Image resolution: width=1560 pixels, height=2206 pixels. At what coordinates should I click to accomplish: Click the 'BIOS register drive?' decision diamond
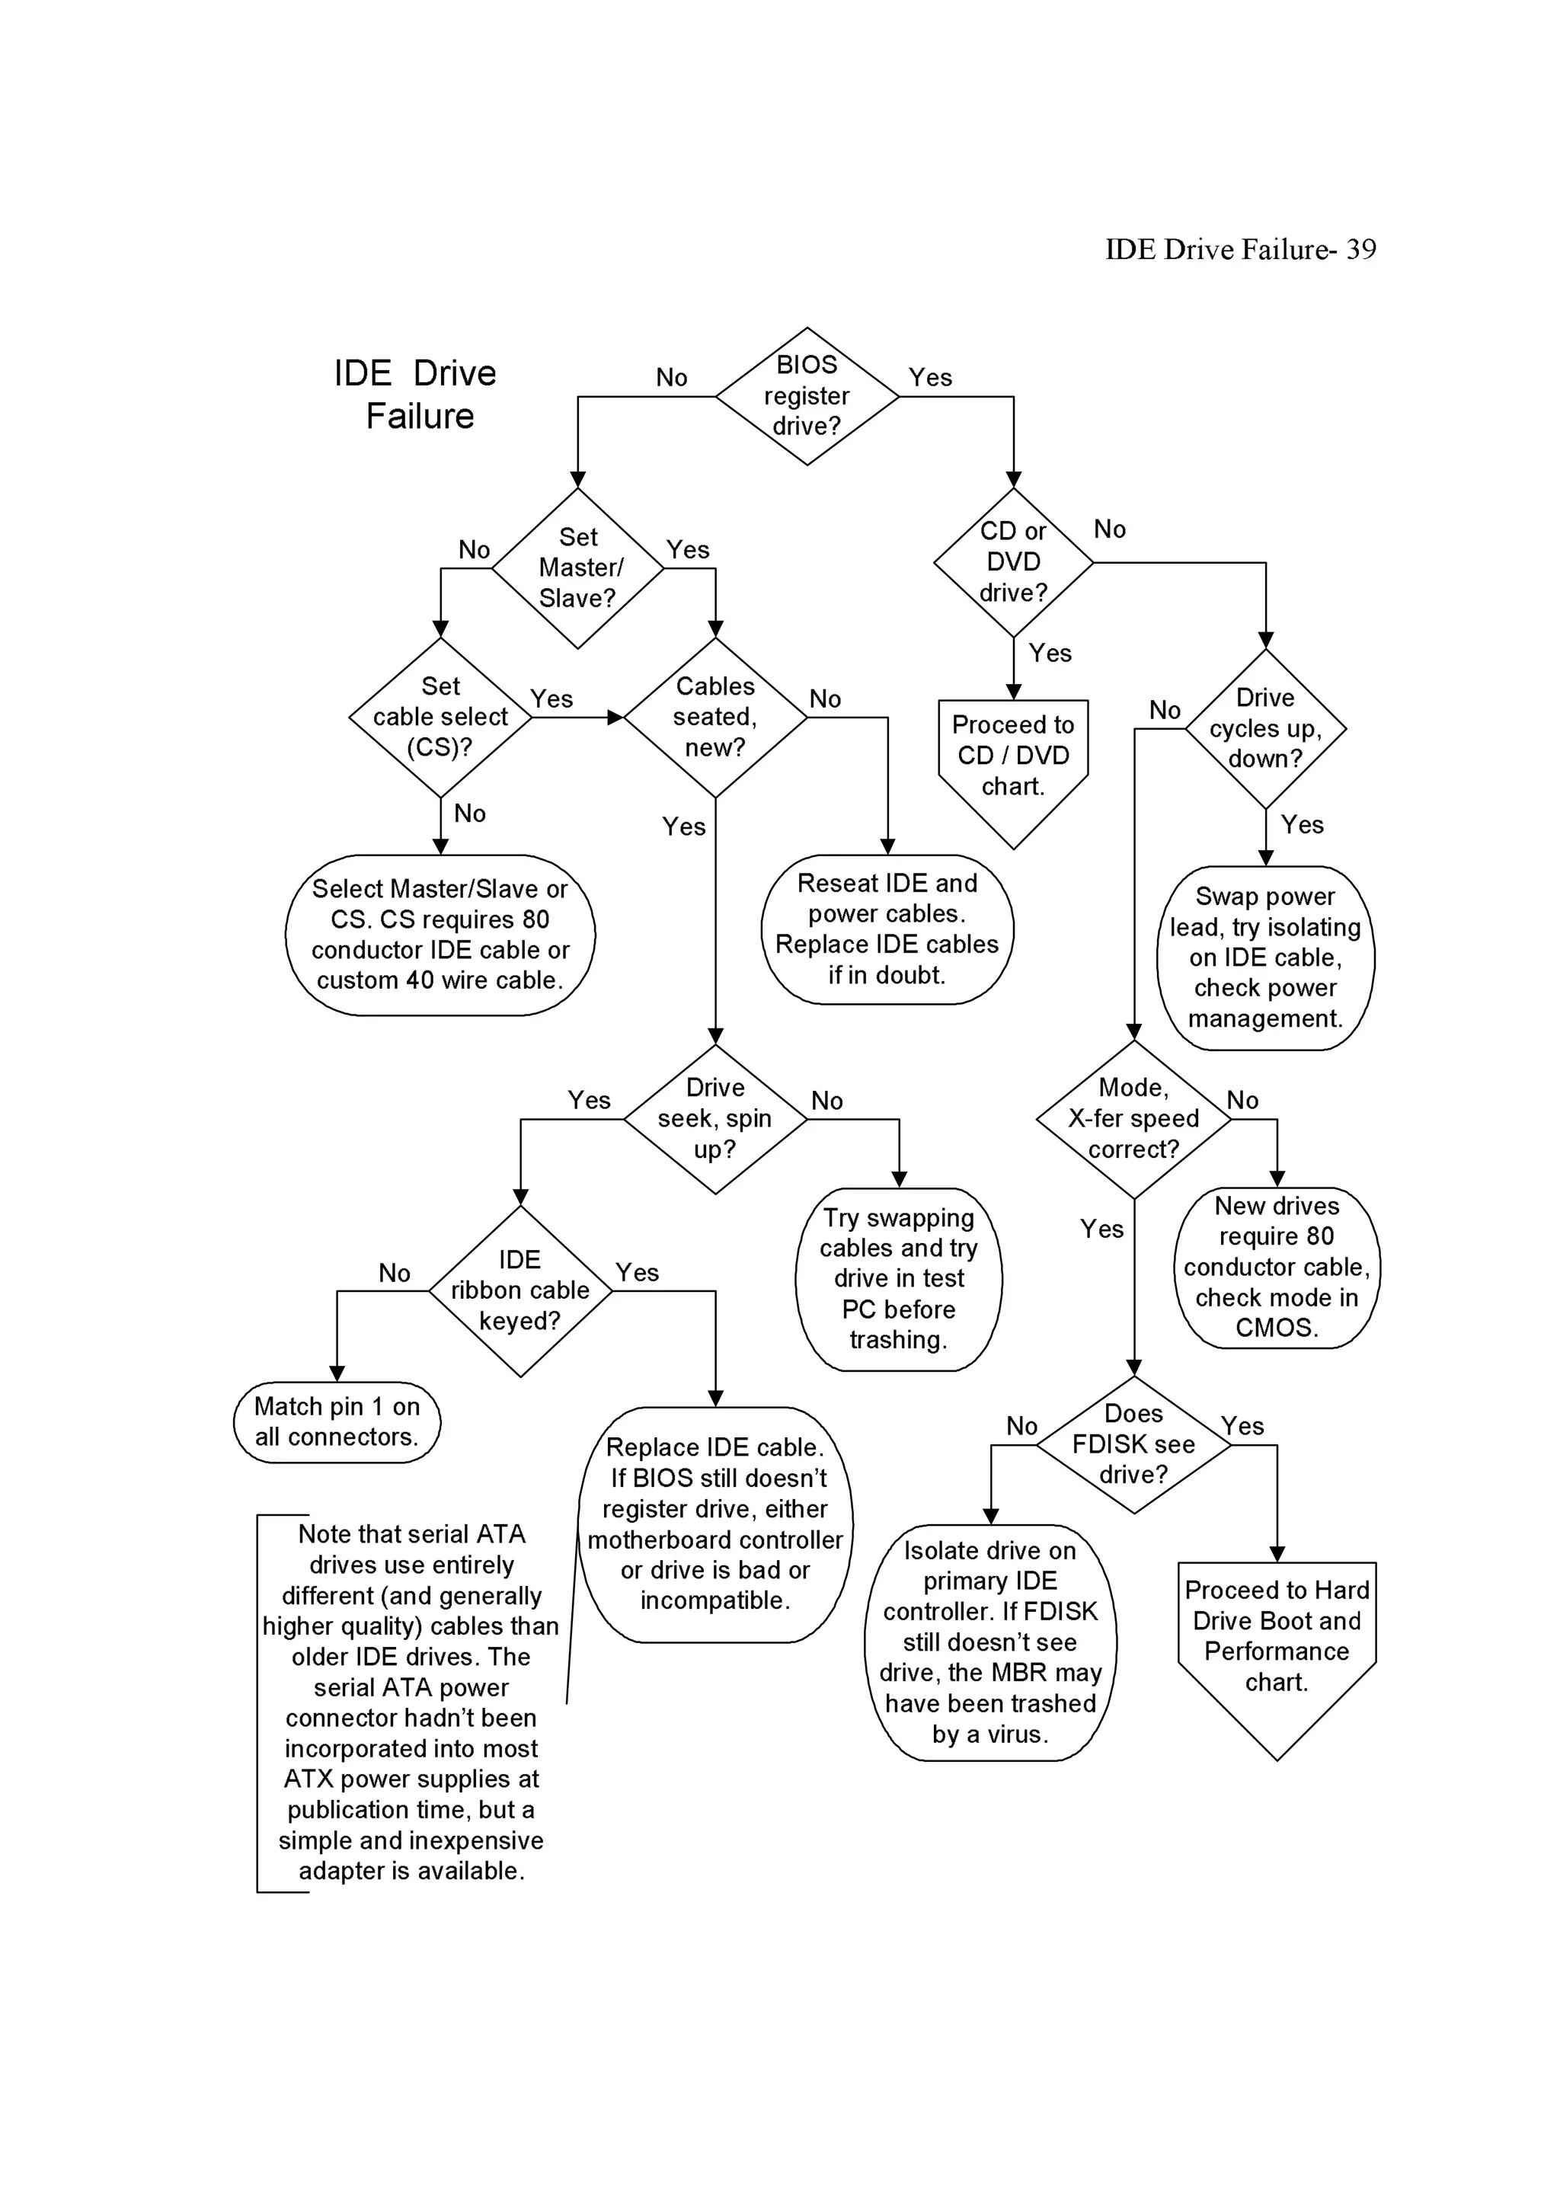click(x=807, y=396)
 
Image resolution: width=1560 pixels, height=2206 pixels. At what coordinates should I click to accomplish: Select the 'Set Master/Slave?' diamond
click(x=578, y=567)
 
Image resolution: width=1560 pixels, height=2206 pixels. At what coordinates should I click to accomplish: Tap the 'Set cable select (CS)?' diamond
click(x=440, y=717)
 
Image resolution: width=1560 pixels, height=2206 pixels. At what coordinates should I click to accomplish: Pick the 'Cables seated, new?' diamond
click(x=714, y=717)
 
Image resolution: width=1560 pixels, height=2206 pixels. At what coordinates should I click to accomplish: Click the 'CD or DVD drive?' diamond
click(x=1013, y=562)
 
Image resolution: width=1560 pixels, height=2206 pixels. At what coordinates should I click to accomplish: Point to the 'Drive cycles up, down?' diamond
click(x=1265, y=728)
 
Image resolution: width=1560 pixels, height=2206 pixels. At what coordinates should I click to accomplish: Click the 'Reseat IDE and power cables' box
click(x=887, y=929)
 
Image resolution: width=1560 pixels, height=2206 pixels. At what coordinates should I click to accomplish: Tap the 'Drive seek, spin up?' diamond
click(x=714, y=1118)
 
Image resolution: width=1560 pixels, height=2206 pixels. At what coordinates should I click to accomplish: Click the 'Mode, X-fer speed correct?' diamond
click(x=1133, y=1118)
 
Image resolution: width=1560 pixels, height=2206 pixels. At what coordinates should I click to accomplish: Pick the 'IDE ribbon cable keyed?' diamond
click(x=519, y=1290)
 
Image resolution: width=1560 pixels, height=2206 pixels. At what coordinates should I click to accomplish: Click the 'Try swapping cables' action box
click(x=898, y=1279)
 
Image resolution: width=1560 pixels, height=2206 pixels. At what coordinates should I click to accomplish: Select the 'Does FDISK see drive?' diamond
click(x=1133, y=1444)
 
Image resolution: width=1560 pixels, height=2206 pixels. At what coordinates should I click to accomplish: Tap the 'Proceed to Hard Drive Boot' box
click(x=1277, y=1636)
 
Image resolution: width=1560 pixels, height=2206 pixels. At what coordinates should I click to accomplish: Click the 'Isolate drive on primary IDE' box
click(x=990, y=1642)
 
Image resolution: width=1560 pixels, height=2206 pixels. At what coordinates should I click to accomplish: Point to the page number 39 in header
click(x=1360, y=250)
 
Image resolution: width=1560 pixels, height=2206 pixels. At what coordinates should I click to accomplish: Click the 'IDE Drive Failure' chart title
click(x=416, y=394)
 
